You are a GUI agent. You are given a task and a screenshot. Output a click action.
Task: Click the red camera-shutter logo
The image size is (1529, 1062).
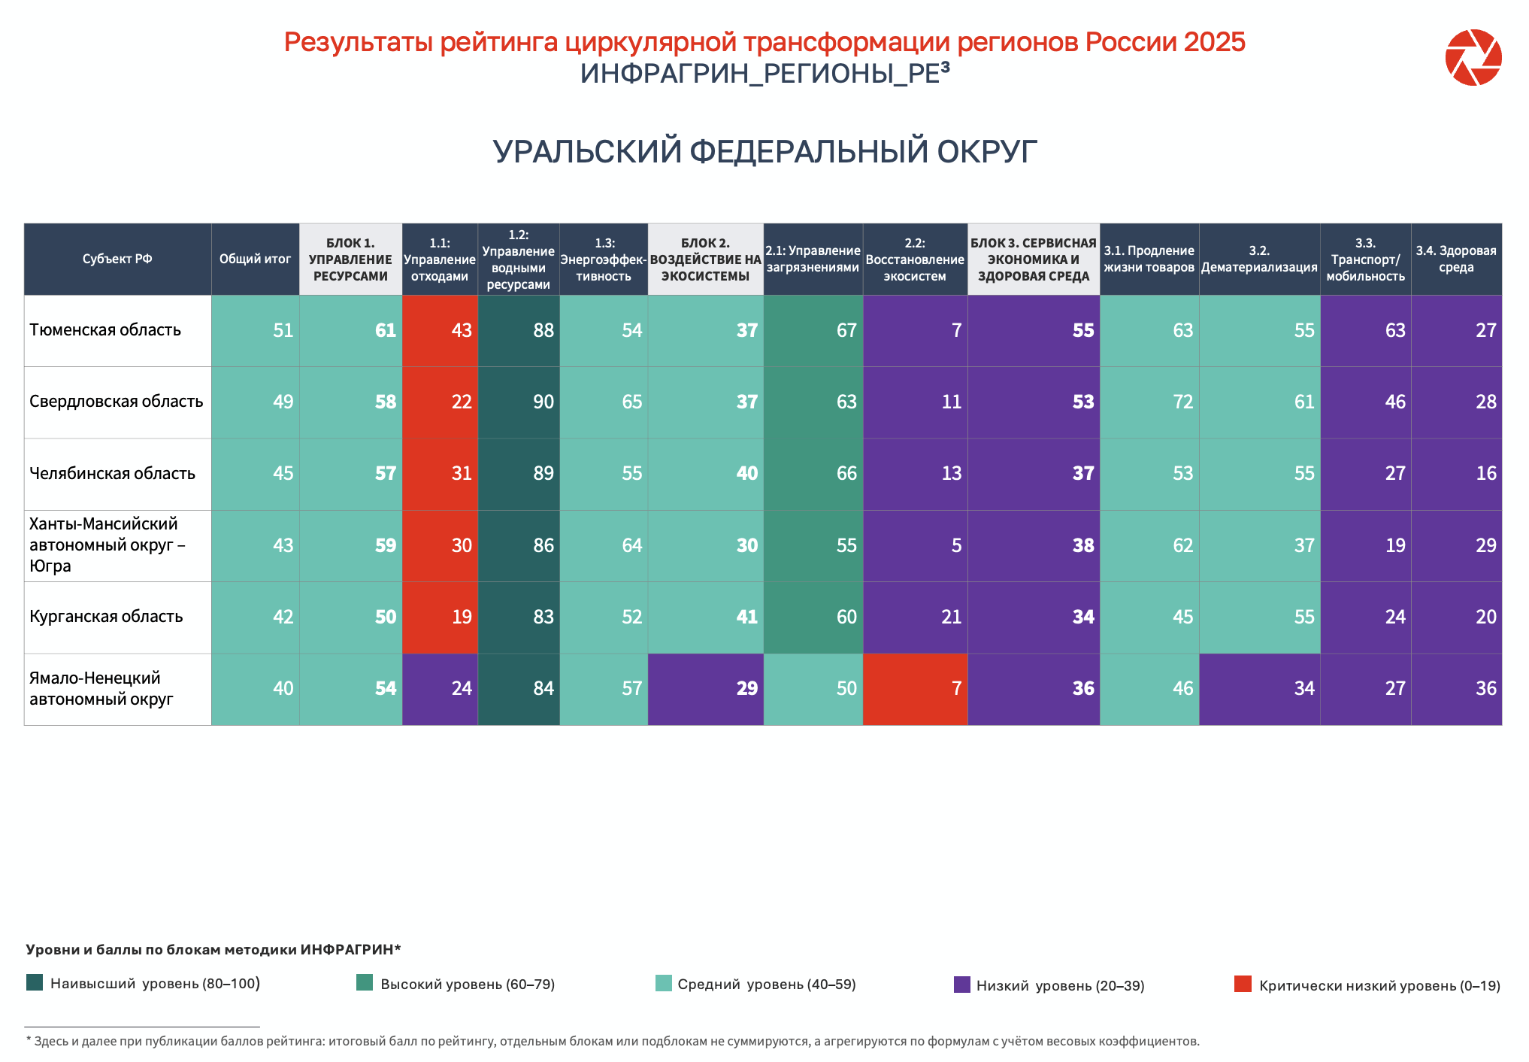tap(1473, 57)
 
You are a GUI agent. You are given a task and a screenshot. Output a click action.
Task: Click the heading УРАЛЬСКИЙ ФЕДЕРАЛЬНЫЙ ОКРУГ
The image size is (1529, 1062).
tap(764, 151)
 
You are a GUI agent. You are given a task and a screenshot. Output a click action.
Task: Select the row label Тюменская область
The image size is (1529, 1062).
tap(105, 330)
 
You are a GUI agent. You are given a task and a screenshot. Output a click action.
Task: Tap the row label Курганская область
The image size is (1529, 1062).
tap(106, 617)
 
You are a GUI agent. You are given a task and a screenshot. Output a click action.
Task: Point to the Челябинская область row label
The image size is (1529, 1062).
tap(112, 474)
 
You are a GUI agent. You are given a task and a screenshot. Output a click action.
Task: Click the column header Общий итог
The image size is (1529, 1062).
tap(255, 259)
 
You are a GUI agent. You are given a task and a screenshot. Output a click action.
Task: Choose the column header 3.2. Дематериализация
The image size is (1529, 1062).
tap(1259, 259)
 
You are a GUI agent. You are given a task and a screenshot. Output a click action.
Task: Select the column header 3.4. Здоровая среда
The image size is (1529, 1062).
tap(1456, 259)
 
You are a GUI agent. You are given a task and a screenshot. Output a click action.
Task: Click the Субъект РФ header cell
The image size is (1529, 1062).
tap(117, 259)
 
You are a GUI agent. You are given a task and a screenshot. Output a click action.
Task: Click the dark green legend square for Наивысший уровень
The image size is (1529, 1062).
tap(35, 982)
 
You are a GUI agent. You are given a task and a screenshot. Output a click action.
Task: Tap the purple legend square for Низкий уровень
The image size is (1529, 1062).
tap(962, 985)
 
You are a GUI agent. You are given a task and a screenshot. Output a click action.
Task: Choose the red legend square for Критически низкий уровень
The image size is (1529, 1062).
tap(1243, 984)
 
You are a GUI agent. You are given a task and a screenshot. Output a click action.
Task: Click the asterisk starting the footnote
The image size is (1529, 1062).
tap(29, 1040)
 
